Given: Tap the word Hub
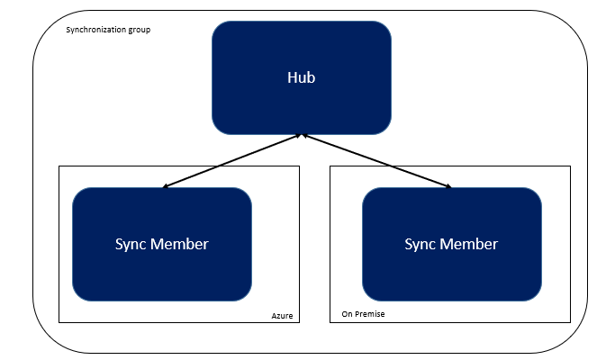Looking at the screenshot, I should tap(301, 77).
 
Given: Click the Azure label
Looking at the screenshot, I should tap(283, 315).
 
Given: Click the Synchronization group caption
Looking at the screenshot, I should tap(109, 30).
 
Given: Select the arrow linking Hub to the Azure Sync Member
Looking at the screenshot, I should tap(232, 162).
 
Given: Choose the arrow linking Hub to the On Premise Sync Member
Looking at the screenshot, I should tap(376, 162).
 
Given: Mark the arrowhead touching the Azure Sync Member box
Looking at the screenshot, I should tap(166, 187).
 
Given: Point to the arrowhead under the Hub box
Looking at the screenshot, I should tap(303, 137).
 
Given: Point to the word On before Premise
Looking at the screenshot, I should tap(348, 315).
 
